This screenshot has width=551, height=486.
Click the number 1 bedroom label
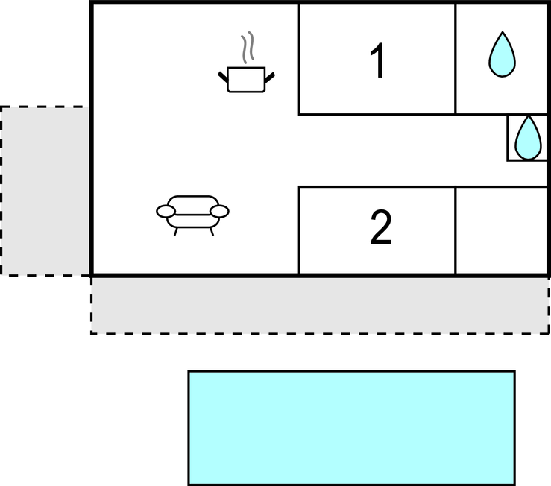(x=378, y=60)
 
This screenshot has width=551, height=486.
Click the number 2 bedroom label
(x=381, y=227)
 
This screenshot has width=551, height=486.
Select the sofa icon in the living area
(x=192, y=215)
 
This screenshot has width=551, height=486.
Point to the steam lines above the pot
(x=248, y=48)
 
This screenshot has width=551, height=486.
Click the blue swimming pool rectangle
(x=352, y=428)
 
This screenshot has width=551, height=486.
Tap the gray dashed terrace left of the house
(x=45, y=191)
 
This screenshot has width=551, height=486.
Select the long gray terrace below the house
(x=320, y=306)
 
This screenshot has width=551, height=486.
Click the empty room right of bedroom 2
(x=502, y=230)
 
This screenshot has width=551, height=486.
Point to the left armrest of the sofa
(x=166, y=212)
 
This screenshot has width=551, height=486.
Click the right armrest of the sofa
(x=220, y=212)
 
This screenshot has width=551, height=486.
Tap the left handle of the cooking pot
(x=223, y=77)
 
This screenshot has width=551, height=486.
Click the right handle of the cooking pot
(x=269, y=78)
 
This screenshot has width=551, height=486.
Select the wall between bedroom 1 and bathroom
(x=456, y=59)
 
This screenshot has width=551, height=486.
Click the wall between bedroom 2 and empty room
(x=456, y=230)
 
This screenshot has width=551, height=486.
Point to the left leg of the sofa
(x=176, y=232)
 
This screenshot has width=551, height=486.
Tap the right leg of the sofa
(x=212, y=232)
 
